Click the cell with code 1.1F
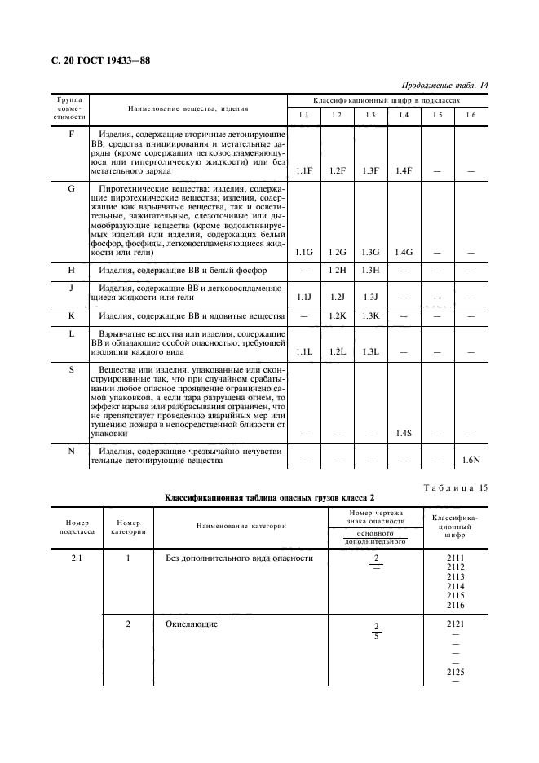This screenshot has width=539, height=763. [x=304, y=170]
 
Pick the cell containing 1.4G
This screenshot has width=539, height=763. [x=403, y=252]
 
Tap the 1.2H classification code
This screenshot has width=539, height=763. [x=337, y=270]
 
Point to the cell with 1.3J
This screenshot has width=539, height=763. [x=370, y=297]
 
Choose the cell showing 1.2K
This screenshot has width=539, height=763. [x=337, y=315]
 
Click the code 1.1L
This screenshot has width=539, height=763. [x=304, y=351]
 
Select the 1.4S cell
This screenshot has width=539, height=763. [x=403, y=434]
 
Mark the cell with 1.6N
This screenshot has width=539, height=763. [x=470, y=461]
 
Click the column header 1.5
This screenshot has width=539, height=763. [x=437, y=115]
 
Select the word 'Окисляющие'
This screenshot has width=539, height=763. [x=186, y=624]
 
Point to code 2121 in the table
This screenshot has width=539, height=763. [x=456, y=624]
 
